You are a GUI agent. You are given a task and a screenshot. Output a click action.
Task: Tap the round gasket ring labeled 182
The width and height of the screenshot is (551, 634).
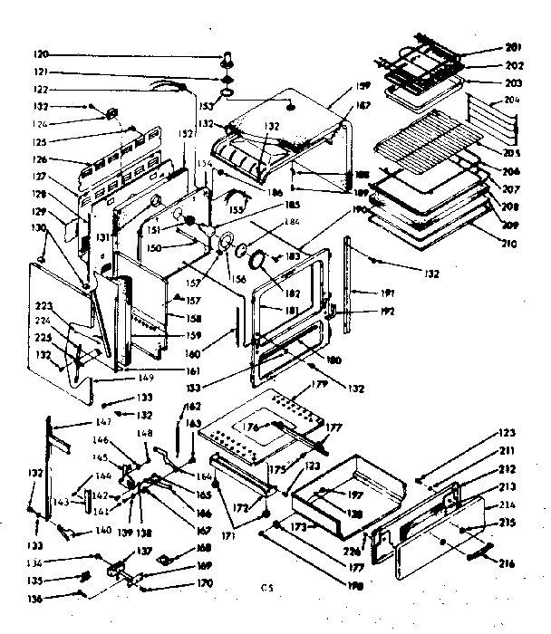tap(260, 261)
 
